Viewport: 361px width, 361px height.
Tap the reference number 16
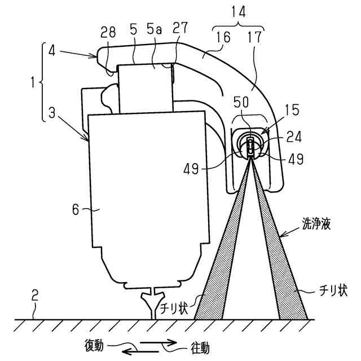(x=223, y=37)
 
